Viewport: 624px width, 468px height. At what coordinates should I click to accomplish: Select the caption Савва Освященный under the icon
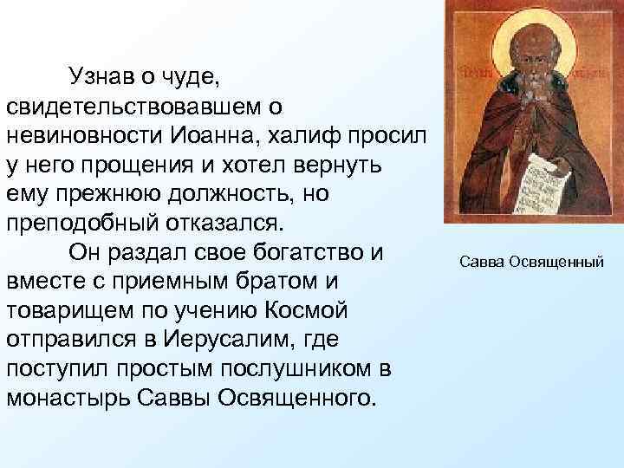[530, 260]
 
